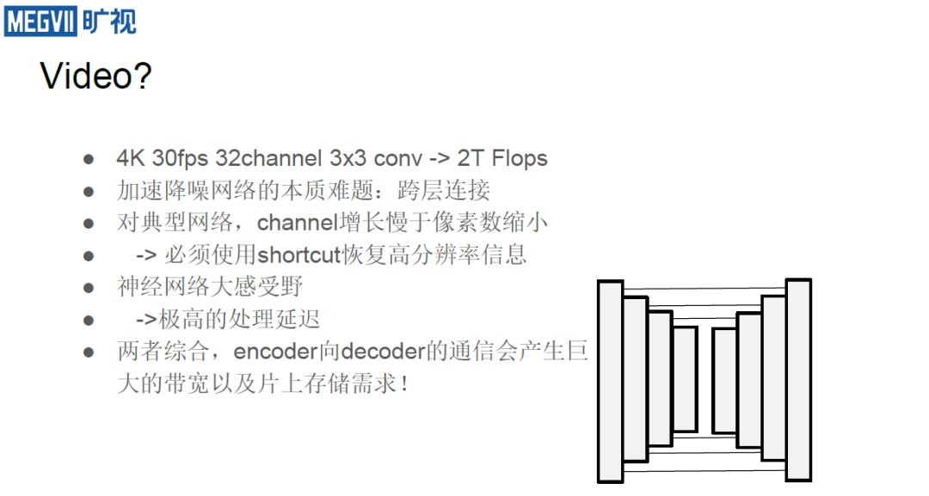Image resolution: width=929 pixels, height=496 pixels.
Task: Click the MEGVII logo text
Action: click(40, 21)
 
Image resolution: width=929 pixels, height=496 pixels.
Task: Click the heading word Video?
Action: click(96, 77)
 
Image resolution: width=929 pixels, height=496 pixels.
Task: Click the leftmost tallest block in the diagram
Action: click(610, 381)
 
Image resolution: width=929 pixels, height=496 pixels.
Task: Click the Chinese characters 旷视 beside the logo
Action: click(110, 21)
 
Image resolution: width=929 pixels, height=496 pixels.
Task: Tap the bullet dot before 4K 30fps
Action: click(89, 160)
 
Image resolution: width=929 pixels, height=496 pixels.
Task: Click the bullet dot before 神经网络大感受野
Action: click(89, 288)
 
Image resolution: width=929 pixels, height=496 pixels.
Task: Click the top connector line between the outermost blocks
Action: click(704, 287)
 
